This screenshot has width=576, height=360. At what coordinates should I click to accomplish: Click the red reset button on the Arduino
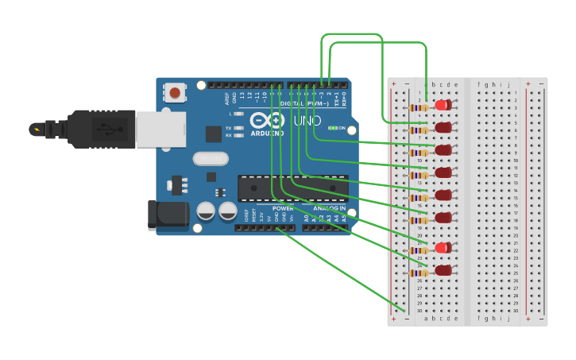tap(174, 93)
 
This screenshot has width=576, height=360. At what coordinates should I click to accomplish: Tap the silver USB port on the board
tap(160, 130)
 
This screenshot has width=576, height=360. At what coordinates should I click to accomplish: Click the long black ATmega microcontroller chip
tap(292, 188)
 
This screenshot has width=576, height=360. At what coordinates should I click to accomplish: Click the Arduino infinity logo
tap(267, 120)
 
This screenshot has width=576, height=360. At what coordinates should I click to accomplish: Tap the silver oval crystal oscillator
tap(210, 158)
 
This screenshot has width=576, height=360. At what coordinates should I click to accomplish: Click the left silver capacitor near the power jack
tap(206, 211)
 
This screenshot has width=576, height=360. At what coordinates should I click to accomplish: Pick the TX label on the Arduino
tap(229, 127)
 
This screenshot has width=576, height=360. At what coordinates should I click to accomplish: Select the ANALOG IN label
tap(329, 208)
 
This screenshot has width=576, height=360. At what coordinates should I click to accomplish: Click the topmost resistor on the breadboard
tap(418, 107)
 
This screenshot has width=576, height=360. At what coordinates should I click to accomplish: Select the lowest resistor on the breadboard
tap(418, 273)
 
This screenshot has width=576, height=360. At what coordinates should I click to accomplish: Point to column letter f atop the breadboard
tap(479, 85)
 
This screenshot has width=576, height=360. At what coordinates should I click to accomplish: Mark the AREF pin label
tap(227, 99)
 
